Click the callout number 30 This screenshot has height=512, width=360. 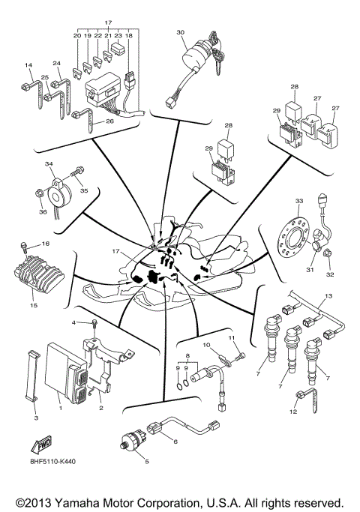pyautogui.click(x=180, y=32)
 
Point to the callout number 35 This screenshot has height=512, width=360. pyautogui.click(x=84, y=191)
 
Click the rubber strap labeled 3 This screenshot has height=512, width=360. pyautogui.click(x=31, y=382)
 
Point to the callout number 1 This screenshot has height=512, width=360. pyautogui.click(x=59, y=409)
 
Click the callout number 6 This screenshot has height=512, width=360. pyautogui.click(x=175, y=442)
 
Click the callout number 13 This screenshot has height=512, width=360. pyautogui.click(x=326, y=298)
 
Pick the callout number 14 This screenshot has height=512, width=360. pyautogui.click(x=29, y=66)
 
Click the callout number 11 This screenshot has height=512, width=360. pyautogui.click(x=232, y=337)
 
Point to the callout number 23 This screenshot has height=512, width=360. pyautogui.click(x=118, y=35)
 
